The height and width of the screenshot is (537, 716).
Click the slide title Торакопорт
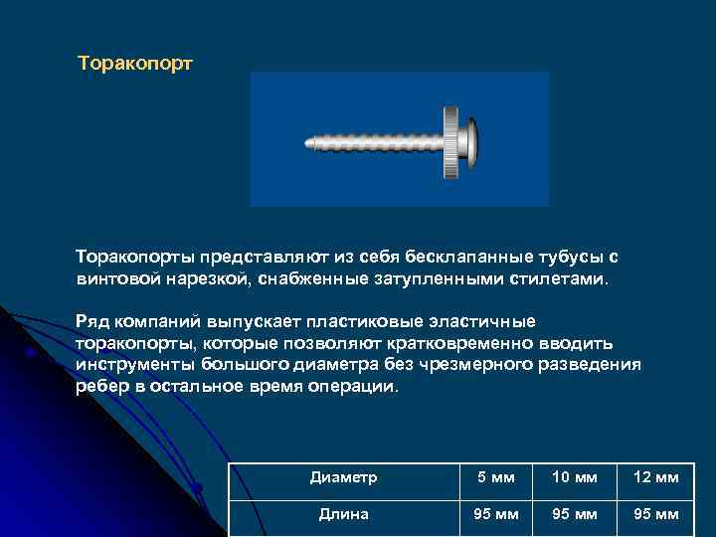[135, 63]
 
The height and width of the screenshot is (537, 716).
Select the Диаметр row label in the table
[343, 477]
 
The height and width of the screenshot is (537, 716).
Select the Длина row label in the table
[343, 514]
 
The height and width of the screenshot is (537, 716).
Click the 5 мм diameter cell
[496, 477]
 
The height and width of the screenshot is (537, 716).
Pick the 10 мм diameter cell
[576, 477]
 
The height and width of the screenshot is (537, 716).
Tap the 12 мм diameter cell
[655, 477]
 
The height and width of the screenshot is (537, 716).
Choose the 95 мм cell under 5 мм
[496, 514]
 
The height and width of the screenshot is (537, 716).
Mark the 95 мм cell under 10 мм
[576, 514]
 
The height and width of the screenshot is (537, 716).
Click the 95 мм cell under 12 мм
[655, 514]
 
